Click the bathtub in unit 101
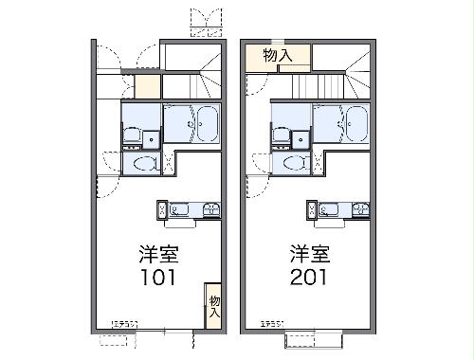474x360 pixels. tap(208, 123)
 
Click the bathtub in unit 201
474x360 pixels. tap(356, 123)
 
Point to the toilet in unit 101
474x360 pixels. tap(145, 164)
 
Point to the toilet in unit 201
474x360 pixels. tap(295, 164)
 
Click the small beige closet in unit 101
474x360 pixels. tap(147, 85)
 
